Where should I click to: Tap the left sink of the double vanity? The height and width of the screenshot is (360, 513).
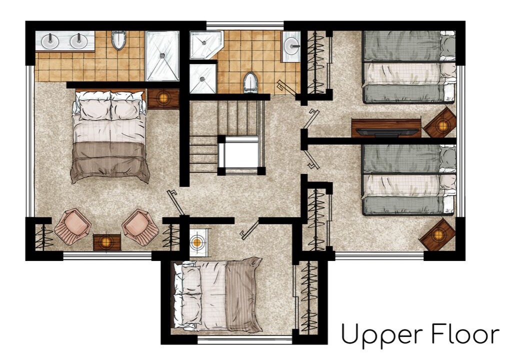tap(50, 41)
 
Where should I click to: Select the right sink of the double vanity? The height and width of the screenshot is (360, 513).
tap(79, 41)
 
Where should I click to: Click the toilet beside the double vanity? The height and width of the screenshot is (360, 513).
tap(118, 40)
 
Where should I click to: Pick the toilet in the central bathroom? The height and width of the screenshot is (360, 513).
tap(250, 82)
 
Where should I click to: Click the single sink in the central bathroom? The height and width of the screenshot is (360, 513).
tap(291, 46)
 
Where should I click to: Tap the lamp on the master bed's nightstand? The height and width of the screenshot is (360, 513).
tap(163, 98)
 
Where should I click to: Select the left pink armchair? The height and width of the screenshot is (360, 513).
tap(72, 226)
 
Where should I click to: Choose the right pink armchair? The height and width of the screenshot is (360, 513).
tap(140, 227)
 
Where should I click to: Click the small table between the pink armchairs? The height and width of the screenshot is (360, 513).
tap(107, 242)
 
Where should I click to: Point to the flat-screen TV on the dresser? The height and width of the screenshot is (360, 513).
tap(387, 132)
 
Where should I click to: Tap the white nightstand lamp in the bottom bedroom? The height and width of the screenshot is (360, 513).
tap(197, 242)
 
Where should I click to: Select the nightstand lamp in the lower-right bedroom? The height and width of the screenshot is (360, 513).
tap(437, 234)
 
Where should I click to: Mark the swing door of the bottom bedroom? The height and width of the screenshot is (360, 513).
tap(250, 229)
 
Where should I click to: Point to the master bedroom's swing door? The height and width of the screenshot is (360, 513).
tap(176, 202)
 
